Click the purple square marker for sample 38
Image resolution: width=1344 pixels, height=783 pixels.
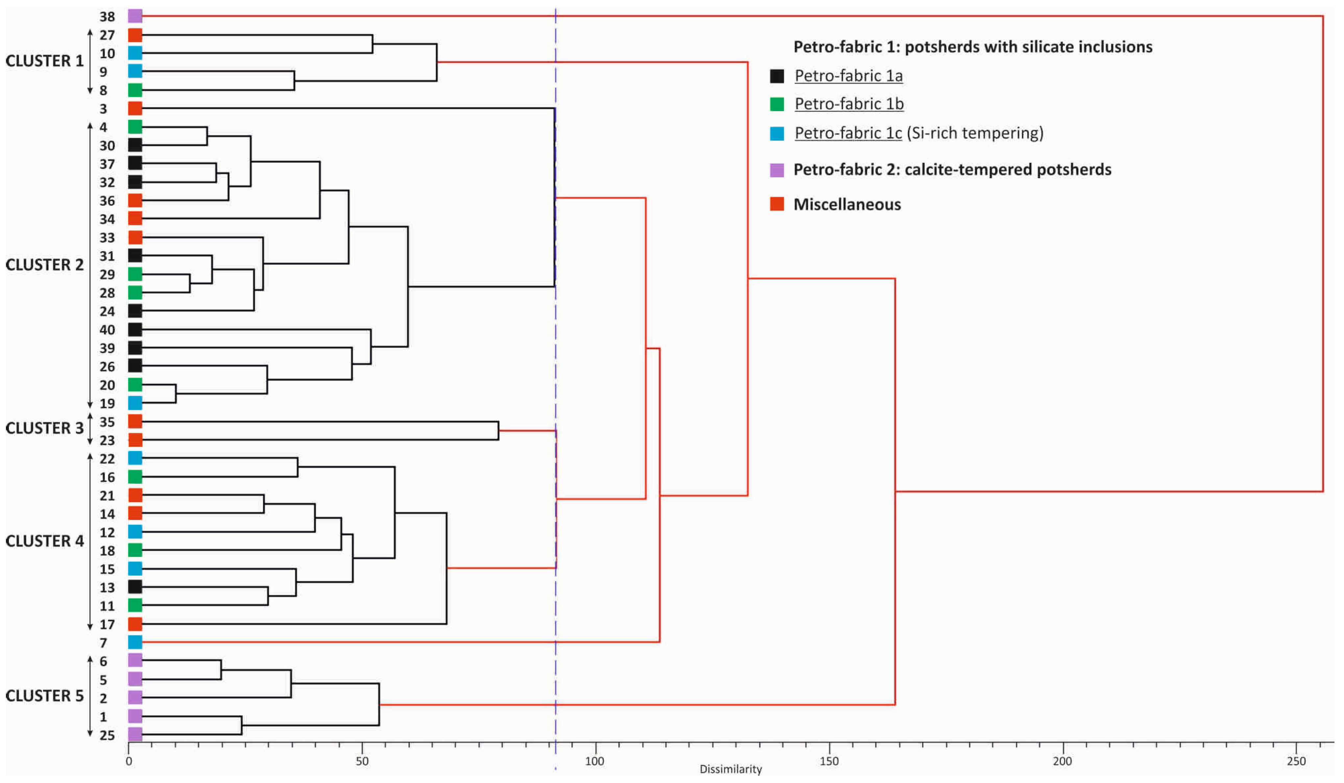click(x=135, y=16)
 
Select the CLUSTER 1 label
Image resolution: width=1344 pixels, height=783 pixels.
click(x=44, y=61)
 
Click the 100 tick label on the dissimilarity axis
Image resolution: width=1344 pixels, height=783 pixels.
click(x=595, y=761)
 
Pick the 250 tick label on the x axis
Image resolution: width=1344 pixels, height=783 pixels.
click(x=1296, y=761)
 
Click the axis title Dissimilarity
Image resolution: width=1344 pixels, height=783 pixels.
click(x=731, y=769)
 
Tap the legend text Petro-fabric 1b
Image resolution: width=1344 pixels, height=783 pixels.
click(x=849, y=104)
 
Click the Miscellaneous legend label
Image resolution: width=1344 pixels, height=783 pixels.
click(x=847, y=204)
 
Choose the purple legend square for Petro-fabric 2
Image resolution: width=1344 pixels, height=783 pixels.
click(x=777, y=170)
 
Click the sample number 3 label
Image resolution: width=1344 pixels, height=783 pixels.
click(x=104, y=109)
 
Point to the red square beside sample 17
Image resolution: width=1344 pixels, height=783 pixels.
click(x=135, y=624)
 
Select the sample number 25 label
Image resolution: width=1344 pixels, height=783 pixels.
click(x=107, y=736)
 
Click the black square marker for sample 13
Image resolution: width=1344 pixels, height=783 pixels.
click(x=135, y=587)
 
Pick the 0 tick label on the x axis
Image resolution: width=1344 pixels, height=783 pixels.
click(x=129, y=761)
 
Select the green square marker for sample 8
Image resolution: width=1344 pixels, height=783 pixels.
click(x=135, y=90)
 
